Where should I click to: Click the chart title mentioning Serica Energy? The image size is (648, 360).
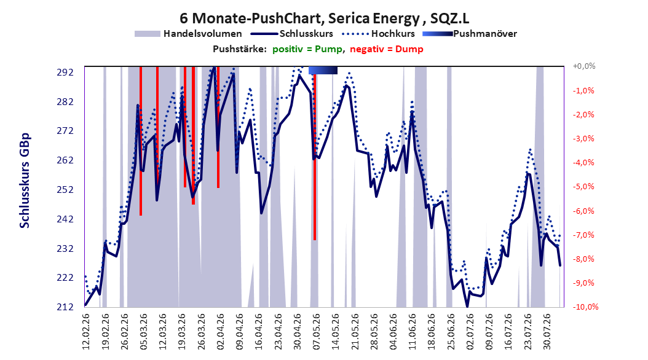[x=324, y=18]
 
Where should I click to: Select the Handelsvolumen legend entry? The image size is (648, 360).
[x=189, y=34]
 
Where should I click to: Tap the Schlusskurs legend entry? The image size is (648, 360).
[x=292, y=34]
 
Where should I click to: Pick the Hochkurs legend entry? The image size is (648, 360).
[x=378, y=34]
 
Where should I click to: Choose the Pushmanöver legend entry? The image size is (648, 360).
[x=470, y=34]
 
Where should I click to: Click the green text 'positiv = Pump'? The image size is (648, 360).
[x=307, y=49]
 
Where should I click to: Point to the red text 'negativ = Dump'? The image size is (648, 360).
[x=387, y=49]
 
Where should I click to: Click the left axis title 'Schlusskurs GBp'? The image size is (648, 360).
[x=25, y=181]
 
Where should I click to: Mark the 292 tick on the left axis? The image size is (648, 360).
[x=65, y=72]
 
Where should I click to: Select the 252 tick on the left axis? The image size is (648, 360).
[x=65, y=189]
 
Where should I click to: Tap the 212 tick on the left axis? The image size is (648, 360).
[x=65, y=307]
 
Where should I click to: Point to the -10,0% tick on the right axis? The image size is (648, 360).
[x=585, y=307]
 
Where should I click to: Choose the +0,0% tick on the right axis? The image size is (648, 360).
[x=584, y=66]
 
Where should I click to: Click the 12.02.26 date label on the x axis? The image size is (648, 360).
[x=85, y=332]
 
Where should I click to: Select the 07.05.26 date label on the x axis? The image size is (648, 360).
[x=317, y=332]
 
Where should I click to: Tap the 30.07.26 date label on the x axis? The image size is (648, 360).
[x=547, y=332]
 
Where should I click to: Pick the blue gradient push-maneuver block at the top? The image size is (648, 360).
[x=323, y=71]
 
